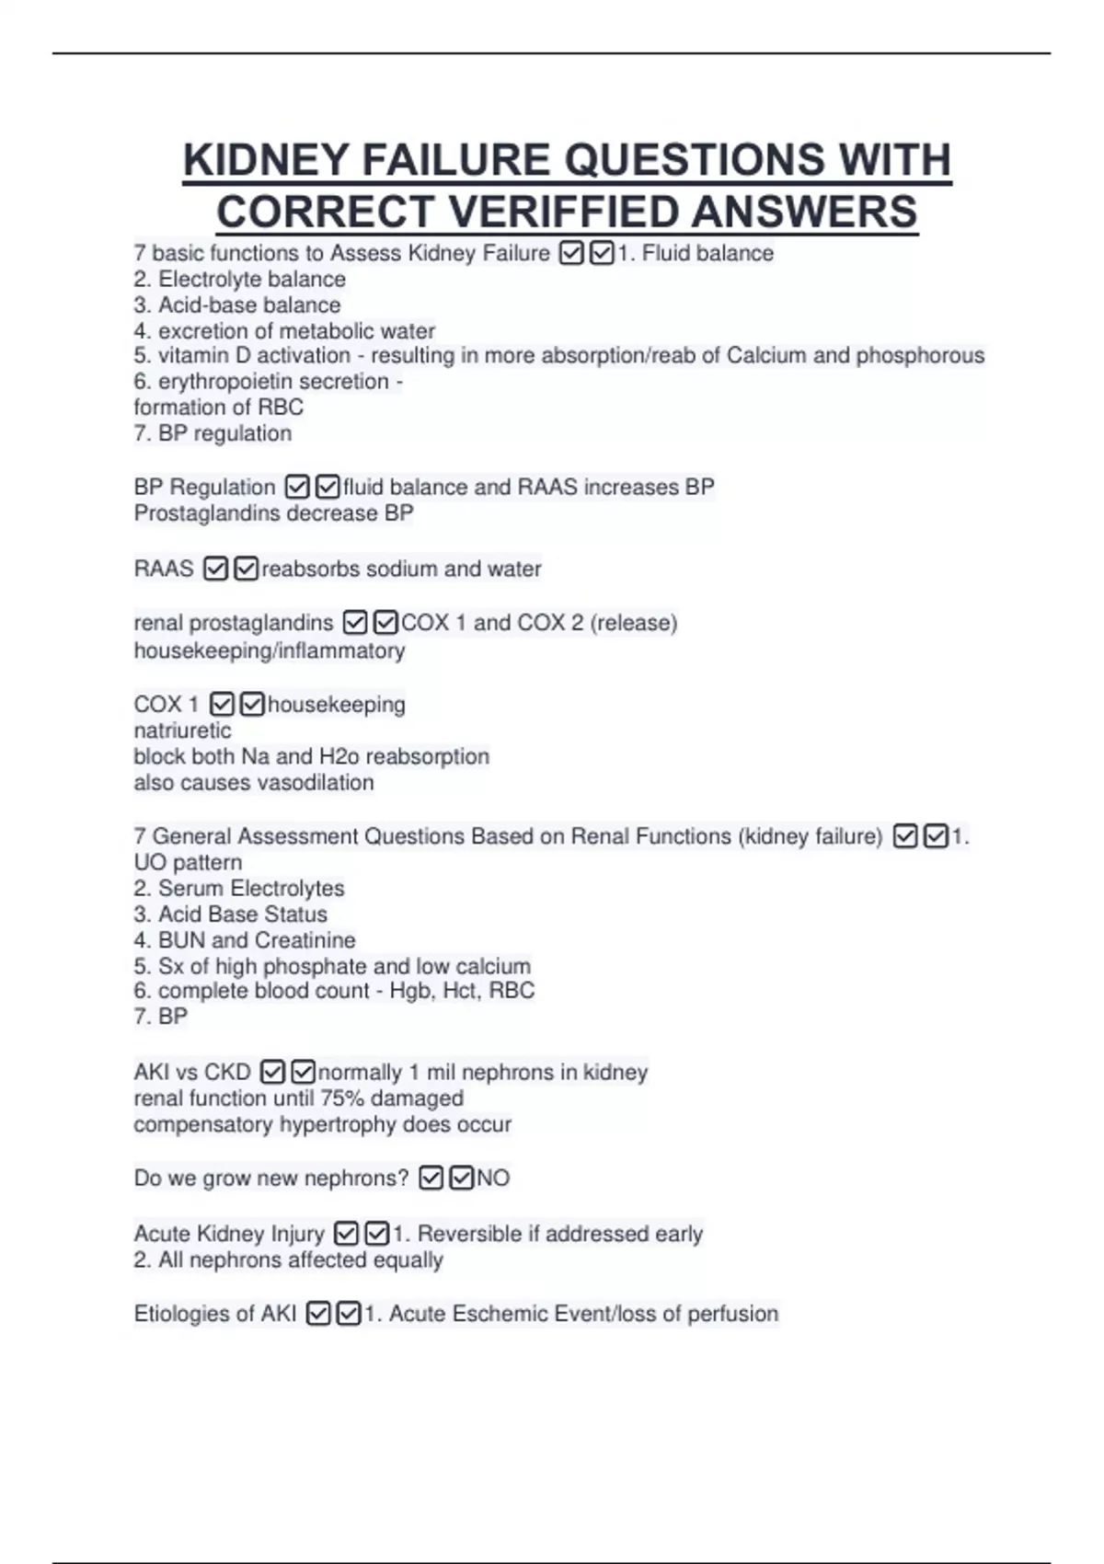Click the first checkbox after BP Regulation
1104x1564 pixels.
pos(297,487)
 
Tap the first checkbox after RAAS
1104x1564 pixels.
pos(215,569)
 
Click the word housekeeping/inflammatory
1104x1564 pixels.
pos(269,650)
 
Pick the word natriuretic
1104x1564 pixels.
pos(182,730)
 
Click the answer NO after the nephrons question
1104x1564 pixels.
pos(493,1179)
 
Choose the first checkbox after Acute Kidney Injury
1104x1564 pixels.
pos(346,1234)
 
